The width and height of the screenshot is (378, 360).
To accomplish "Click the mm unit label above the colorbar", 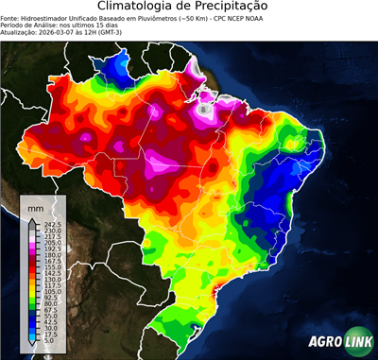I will (x=35, y=206).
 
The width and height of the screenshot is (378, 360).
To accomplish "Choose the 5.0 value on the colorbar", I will (x=48, y=339).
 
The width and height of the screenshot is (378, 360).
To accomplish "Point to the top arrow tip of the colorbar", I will (x=30, y=216).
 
